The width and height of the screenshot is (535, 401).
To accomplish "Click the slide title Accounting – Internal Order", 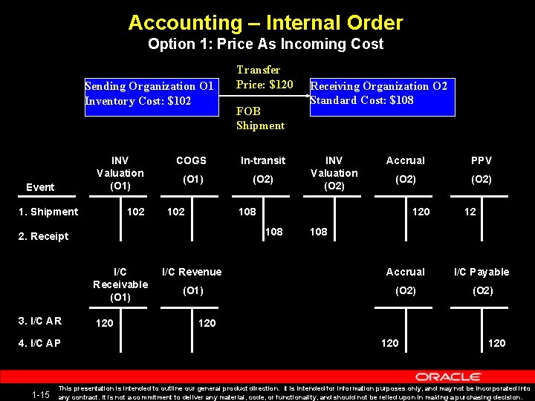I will (265, 22).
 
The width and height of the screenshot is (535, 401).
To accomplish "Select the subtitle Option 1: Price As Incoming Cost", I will (265, 44).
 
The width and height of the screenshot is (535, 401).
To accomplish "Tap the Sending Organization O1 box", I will (149, 94).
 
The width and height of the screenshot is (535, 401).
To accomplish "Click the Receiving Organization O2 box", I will (379, 93).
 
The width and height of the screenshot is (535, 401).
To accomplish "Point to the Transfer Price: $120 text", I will (265, 77).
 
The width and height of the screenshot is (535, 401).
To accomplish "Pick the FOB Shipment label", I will (260, 118).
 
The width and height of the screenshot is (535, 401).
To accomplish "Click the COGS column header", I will (191, 160).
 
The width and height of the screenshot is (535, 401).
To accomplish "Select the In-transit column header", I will (262, 160).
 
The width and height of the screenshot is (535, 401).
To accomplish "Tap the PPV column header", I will (481, 160).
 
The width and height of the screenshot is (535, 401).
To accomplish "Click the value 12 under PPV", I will (470, 212).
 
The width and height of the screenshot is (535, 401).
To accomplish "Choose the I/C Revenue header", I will (192, 272).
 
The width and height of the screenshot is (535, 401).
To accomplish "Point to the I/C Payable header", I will (482, 272).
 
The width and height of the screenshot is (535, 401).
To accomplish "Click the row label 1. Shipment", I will (48, 212).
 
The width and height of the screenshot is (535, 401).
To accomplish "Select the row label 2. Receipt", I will (43, 236).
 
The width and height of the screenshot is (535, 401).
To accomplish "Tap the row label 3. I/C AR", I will (39, 321).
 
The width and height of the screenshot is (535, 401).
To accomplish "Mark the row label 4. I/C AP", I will (39, 343).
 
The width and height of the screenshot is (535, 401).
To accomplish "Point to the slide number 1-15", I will (41, 394).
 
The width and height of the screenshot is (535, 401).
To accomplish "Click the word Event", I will (39, 187).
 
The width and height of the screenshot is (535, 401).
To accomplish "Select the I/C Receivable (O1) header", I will (120, 284).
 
